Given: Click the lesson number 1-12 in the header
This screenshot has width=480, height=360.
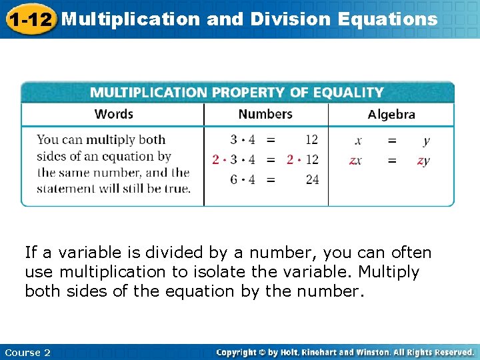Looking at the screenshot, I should [x=30, y=19].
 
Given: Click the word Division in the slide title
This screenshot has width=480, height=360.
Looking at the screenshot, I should [x=293, y=19].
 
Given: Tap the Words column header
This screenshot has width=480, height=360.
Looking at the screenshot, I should [x=114, y=114].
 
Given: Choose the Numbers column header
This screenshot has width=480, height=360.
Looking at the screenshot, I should [x=265, y=114].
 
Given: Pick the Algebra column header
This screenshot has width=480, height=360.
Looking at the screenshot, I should [x=391, y=115].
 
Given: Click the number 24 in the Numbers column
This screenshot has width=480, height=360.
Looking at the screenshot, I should [x=312, y=179].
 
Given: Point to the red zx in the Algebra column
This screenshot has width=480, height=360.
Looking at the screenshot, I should [x=356, y=160].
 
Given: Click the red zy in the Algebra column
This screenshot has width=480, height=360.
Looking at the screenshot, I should [x=423, y=160].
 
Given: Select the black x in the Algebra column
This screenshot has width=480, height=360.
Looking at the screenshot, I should [x=359, y=141].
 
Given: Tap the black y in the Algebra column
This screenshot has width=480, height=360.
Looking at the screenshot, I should [x=426, y=141].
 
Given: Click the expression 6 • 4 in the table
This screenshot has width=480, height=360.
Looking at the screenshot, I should [x=243, y=179].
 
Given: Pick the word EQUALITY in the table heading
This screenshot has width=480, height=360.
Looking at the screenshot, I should [x=349, y=93].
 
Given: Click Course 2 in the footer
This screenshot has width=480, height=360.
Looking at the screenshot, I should [x=27, y=352].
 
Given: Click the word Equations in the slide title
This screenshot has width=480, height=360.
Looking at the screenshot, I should [x=388, y=19].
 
